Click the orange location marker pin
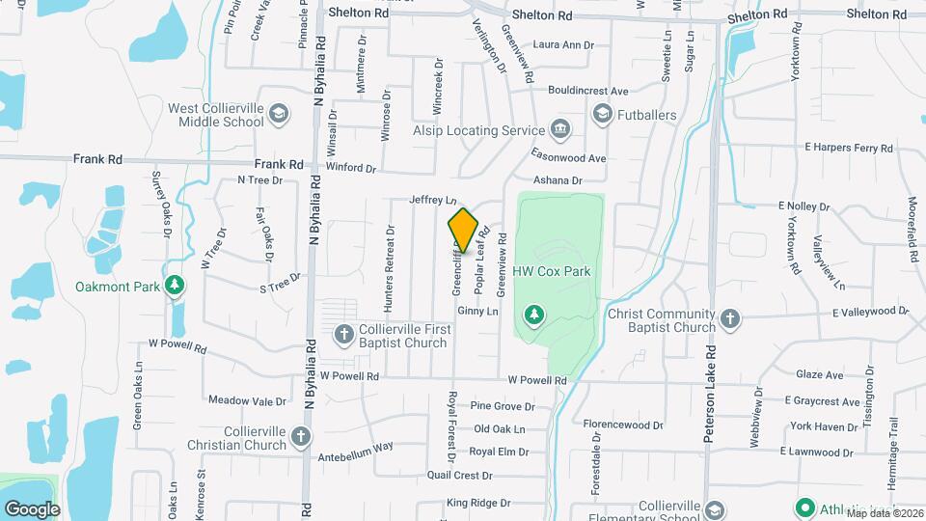pyautogui.click(x=463, y=231)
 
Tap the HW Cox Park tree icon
pyautogui.click(x=533, y=314)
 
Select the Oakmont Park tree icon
pyautogui.click(x=174, y=286)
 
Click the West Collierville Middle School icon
pyautogui.click(x=279, y=114)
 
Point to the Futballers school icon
pyautogui.click(x=603, y=115)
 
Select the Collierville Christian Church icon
pyautogui.click(x=300, y=437)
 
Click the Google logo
pyautogui.click(x=32, y=508)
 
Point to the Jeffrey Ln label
pyautogui.click(x=432, y=200)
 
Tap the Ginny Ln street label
pyautogui.click(x=477, y=312)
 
